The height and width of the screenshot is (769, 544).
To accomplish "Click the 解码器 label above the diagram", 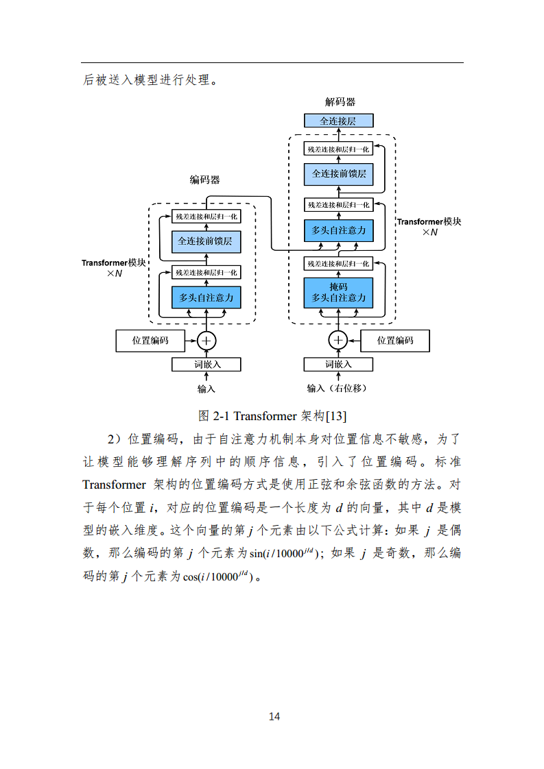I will pos(340,102).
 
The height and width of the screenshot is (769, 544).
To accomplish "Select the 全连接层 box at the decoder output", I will pos(339,121).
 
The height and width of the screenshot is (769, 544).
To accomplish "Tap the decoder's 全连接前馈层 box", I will pos(339,174).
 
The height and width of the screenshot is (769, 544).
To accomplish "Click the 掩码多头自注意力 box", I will pos(339,293).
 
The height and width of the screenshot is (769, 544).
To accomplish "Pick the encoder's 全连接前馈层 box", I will pos(206,241).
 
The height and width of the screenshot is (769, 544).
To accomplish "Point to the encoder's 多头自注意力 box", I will pos(206,298).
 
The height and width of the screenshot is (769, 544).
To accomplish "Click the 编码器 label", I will pos(204,180).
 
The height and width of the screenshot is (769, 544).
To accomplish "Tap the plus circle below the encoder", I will pos(206,340).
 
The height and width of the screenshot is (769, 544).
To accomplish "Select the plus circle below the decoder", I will pos(338,340).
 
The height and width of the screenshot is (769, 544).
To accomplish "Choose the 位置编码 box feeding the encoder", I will pos(151,341).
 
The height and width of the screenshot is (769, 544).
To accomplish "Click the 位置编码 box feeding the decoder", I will pos(395,341).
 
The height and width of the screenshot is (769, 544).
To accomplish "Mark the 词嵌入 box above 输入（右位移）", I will pos(338,364).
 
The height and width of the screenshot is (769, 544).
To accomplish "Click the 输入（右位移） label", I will pos(338,389).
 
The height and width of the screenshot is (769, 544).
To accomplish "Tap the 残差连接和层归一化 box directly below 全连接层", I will pos(339,149).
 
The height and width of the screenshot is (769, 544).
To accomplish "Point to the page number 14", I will pos(274,717).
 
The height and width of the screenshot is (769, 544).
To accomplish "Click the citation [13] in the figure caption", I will pos(339,416).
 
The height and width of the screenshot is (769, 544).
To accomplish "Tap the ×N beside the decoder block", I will pos(429,232).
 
